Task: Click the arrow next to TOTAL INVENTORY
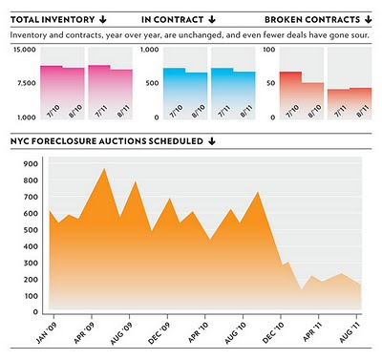102,20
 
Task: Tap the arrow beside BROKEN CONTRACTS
369,20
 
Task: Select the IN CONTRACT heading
172,20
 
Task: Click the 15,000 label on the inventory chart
25,50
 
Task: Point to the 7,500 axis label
27,83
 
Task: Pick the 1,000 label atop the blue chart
150,50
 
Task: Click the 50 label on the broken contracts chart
270,83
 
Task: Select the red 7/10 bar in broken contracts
290,95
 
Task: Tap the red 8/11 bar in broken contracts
360,103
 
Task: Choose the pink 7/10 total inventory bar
52,93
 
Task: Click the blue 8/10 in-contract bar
196,95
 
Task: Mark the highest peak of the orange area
104,168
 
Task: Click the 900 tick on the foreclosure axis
31,164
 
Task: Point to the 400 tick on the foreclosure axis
31,246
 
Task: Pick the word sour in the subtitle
362,35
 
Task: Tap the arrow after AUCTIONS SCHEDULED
212,141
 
